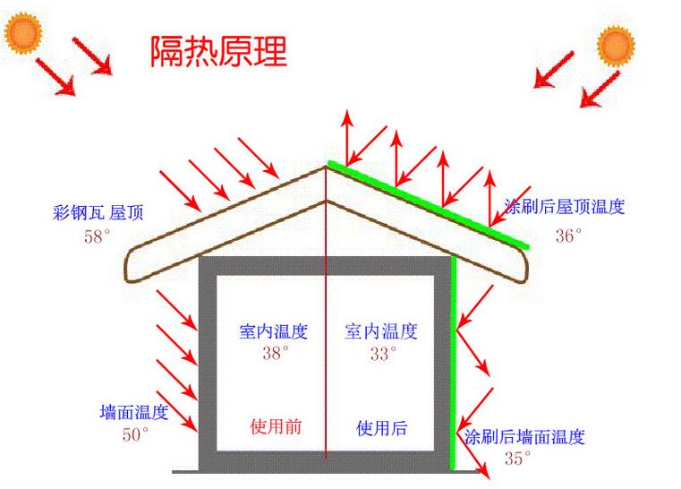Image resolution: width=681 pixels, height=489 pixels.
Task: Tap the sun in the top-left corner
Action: [x=23, y=33]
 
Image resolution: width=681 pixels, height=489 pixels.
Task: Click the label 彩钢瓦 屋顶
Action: [x=98, y=213]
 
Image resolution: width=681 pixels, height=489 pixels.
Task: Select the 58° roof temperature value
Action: [x=97, y=237]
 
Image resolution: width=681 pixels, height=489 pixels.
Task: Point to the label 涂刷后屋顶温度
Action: [x=565, y=207]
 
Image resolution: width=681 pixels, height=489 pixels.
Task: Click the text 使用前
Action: [x=276, y=426]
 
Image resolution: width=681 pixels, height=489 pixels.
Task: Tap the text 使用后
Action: [x=381, y=428]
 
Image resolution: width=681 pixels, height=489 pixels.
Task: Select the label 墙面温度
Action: [x=134, y=413]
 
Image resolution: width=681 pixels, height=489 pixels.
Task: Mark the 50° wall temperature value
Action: [x=136, y=435]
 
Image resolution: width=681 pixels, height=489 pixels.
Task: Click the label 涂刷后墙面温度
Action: [x=524, y=437]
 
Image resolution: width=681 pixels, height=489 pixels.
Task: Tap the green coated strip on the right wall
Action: [x=454, y=358]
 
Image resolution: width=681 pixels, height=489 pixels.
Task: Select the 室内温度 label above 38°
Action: [x=274, y=331]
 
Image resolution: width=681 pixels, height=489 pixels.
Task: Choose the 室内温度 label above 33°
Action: [x=381, y=331]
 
